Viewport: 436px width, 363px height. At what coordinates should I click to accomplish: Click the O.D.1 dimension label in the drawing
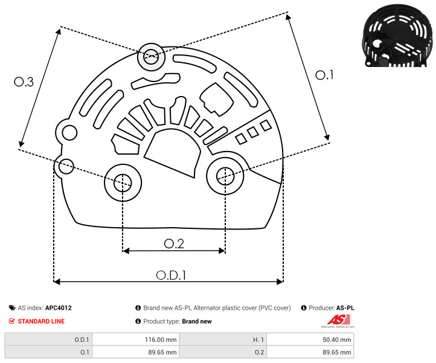click(171, 275)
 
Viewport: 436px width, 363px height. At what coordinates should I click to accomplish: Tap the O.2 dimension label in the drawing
click(174, 243)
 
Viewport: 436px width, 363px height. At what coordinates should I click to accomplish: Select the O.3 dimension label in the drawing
click(24, 82)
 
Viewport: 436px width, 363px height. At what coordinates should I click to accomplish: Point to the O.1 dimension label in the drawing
click(324, 75)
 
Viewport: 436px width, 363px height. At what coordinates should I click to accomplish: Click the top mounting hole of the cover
click(151, 57)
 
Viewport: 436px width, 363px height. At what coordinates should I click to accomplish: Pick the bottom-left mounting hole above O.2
click(123, 183)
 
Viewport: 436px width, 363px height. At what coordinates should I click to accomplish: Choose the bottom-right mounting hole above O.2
click(225, 176)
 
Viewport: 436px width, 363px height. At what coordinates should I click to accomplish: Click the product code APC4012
click(59, 308)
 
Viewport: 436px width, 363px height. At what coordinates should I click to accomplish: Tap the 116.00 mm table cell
click(161, 339)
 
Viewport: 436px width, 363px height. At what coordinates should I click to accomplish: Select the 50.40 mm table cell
click(337, 339)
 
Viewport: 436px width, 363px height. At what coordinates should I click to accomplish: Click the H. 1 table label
click(258, 339)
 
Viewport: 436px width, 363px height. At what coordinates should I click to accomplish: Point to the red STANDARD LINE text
click(41, 321)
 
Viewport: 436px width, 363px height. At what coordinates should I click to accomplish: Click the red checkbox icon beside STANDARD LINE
click(11, 321)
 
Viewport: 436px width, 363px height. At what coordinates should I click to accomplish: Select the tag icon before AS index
click(12, 308)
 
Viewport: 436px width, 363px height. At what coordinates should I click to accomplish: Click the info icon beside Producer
click(304, 308)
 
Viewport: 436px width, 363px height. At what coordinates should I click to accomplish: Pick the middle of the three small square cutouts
click(253, 132)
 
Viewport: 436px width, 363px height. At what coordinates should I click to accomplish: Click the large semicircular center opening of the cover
click(172, 152)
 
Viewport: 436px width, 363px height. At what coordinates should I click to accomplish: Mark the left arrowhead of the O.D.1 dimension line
click(56, 282)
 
